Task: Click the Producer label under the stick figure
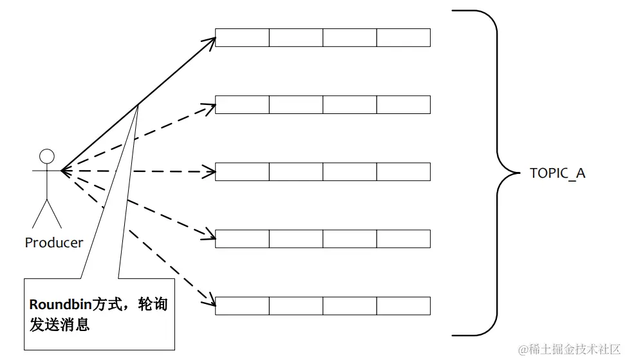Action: pos(54,243)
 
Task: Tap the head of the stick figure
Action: pos(47,156)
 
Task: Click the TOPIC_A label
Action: pos(557,173)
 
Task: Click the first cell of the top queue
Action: pos(242,37)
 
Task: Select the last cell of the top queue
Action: pos(403,37)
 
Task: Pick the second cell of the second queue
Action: pos(295,104)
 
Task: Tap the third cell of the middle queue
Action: pos(350,172)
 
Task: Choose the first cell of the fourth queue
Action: pos(242,238)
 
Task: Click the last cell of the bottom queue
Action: pos(403,305)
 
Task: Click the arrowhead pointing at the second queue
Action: pos(210,104)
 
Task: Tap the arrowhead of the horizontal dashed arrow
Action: pos(210,172)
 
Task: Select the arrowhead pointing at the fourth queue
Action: pos(210,236)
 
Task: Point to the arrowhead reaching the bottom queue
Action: pos(210,300)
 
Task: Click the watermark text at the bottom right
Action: pos(569,349)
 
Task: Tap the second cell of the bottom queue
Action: pos(295,305)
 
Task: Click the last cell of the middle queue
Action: pos(403,172)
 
